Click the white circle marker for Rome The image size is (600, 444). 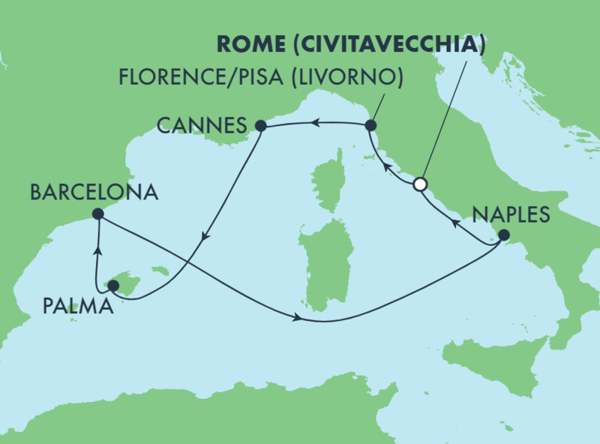(x=420, y=184)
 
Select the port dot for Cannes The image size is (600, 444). (x=260, y=126)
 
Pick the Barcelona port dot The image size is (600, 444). (x=98, y=214)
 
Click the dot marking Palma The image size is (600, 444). (x=113, y=286)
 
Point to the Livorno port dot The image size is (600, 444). (x=370, y=125)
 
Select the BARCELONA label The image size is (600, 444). (x=94, y=192)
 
